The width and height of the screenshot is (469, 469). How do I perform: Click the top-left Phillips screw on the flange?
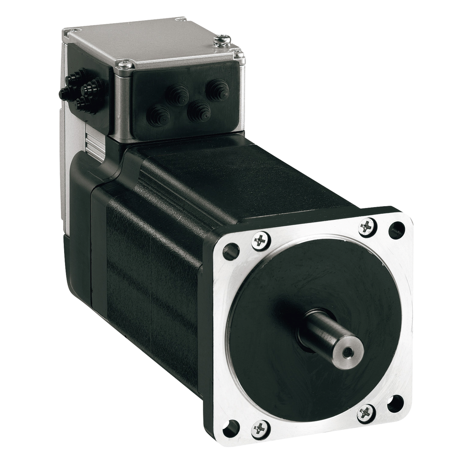261,241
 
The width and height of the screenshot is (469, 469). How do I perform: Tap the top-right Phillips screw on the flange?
367,227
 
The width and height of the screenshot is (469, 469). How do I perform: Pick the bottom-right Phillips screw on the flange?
366,414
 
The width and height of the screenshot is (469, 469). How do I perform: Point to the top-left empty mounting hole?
231,251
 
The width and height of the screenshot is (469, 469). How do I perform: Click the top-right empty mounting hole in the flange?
396,230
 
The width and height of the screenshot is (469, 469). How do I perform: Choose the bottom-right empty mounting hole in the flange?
395,404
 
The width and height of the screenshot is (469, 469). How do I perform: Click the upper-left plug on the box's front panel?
178,95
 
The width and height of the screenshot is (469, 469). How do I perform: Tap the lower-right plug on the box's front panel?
199,111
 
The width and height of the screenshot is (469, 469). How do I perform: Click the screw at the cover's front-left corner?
125,66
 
